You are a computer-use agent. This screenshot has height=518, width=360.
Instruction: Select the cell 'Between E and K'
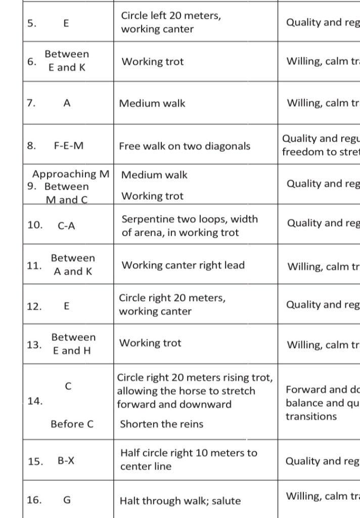point(67,61)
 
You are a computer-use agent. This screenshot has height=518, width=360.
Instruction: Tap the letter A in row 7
point(67,103)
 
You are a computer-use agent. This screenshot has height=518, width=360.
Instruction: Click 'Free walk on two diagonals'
point(185,146)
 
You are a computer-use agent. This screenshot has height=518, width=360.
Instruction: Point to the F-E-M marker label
point(69,146)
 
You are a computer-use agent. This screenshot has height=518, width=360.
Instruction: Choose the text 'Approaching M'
point(71,174)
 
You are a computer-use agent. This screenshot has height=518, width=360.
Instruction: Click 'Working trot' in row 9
point(153,196)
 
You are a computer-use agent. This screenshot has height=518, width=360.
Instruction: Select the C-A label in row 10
point(67,226)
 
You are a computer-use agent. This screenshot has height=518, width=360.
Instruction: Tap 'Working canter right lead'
point(183,265)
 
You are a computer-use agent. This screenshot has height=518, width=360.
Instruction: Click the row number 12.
point(34,306)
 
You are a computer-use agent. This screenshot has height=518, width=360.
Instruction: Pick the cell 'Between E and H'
point(73,344)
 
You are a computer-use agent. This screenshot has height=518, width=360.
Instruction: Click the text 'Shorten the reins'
point(161,424)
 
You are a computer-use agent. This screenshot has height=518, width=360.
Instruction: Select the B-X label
point(66,461)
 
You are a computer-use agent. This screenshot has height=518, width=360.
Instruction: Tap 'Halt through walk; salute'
point(180,501)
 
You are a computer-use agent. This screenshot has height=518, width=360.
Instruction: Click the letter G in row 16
point(67,500)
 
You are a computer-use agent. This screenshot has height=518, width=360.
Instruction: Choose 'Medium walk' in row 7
point(152,104)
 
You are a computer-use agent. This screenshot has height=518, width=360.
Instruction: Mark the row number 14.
point(35,401)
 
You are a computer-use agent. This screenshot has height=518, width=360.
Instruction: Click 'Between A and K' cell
point(73,265)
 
